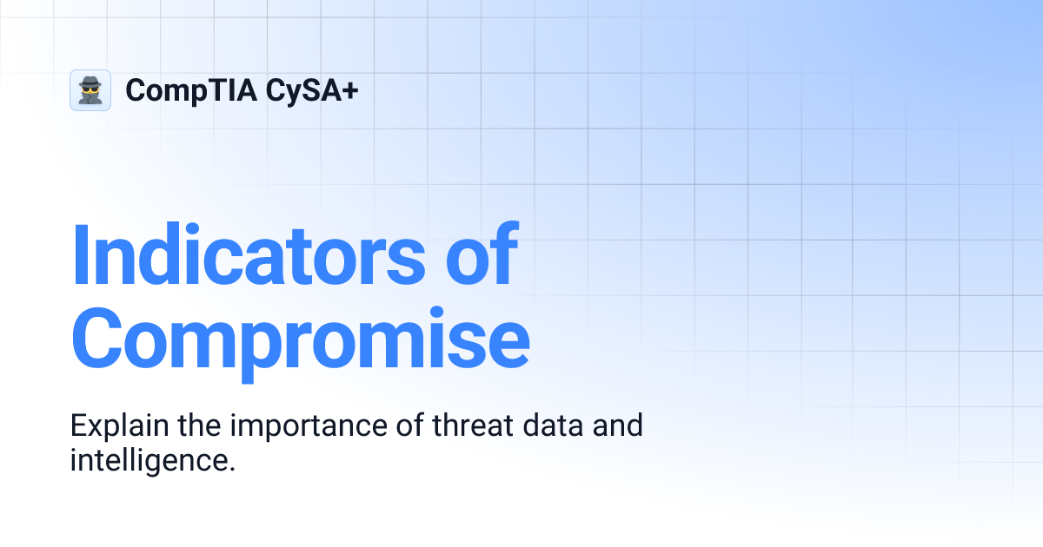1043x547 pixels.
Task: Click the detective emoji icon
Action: (x=90, y=90)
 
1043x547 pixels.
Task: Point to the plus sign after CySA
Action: (x=349, y=90)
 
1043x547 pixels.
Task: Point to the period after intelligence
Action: (x=233, y=468)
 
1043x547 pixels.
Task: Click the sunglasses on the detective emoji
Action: (x=90, y=89)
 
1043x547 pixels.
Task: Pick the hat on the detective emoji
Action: (x=90, y=81)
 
